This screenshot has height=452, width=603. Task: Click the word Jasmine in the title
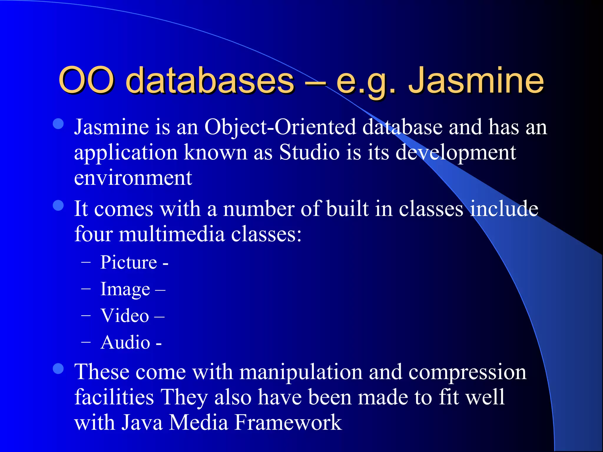(x=476, y=80)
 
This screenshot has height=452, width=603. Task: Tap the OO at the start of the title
(x=86, y=80)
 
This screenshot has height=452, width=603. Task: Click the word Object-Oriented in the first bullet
(x=280, y=127)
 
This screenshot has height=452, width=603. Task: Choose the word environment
(x=133, y=178)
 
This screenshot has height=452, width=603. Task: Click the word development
(x=455, y=152)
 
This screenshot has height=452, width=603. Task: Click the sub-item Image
(x=125, y=289)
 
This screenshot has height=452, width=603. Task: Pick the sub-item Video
(x=125, y=316)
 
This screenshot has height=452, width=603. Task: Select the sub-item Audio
(x=125, y=343)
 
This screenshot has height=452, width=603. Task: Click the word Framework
(x=288, y=423)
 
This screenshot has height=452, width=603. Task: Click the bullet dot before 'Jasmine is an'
(x=58, y=124)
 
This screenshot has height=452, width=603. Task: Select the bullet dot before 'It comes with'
(x=58, y=206)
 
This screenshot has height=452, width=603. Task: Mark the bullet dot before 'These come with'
(x=58, y=369)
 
